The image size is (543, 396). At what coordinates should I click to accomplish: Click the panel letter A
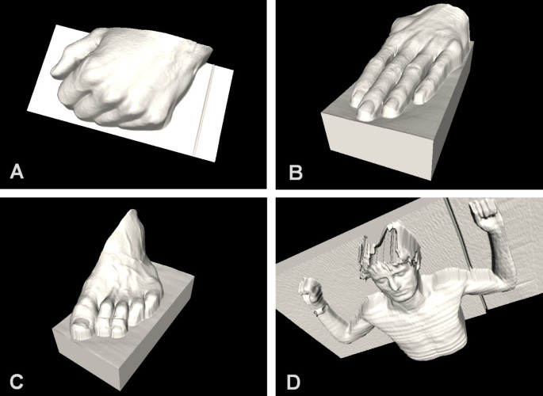click(17, 171)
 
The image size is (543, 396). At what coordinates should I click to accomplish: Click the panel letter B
click(296, 172)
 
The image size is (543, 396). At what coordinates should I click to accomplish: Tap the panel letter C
click(17, 381)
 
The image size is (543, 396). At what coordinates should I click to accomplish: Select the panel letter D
click(295, 382)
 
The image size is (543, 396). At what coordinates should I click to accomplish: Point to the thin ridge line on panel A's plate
click(204, 112)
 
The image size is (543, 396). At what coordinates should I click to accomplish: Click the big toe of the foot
click(80, 324)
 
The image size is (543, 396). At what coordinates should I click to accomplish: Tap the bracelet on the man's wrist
click(321, 310)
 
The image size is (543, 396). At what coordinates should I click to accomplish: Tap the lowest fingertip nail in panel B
click(365, 113)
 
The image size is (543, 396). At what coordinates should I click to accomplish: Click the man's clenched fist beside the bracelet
click(309, 290)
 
